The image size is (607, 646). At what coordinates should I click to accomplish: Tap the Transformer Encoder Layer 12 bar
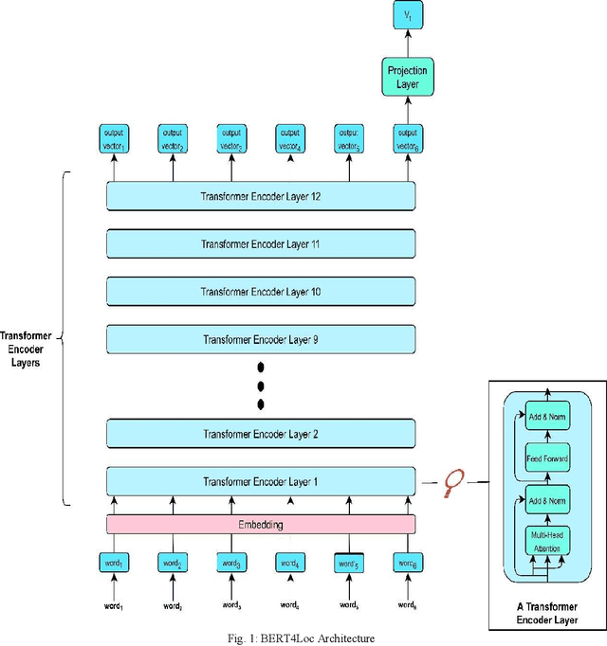point(261,196)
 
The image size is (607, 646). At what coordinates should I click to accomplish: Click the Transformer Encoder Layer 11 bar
point(261,243)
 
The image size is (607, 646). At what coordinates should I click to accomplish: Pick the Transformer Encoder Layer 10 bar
point(261,292)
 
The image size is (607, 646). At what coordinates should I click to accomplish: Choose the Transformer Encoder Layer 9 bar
point(261,338)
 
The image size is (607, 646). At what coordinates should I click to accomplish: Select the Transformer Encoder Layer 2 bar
point(261,434)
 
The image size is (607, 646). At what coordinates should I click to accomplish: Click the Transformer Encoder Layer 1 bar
point(261,481)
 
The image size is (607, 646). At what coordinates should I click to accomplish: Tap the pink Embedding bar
point(261,524)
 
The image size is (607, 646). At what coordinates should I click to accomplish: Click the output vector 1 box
point(113,139)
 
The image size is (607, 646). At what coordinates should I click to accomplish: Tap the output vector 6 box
point(407,139)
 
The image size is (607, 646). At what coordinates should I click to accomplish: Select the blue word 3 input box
point(230,565)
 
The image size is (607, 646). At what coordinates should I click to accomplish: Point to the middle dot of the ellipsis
point(261,386)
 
